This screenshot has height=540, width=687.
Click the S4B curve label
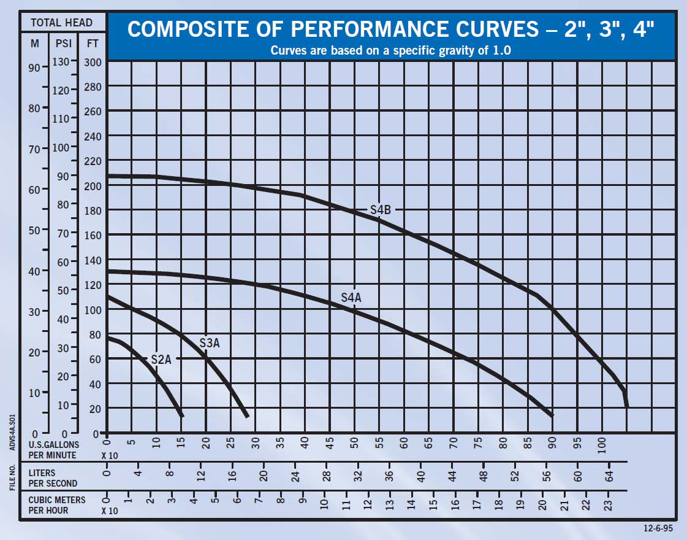point(380,210)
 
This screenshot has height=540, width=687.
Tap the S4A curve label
point(351,298)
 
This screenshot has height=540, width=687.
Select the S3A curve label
point(210,343)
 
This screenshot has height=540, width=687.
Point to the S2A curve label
point(161,360)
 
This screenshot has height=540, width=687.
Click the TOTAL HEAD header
point(61,23)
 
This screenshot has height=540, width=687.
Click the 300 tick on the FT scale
point(93,62)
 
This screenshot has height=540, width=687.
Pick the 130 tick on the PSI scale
point(63,61)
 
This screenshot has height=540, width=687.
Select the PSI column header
point(63,44)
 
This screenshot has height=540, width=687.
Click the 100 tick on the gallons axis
point(601,444)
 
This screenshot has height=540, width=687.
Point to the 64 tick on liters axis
point(610,476)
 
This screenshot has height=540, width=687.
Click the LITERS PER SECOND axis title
point(50,477)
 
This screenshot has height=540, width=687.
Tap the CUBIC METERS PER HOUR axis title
point(57,505)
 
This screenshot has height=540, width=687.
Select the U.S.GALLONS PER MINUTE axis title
point(54,449)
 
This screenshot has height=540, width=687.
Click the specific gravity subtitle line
point(391,50)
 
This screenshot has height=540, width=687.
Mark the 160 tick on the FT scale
point(93,235)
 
